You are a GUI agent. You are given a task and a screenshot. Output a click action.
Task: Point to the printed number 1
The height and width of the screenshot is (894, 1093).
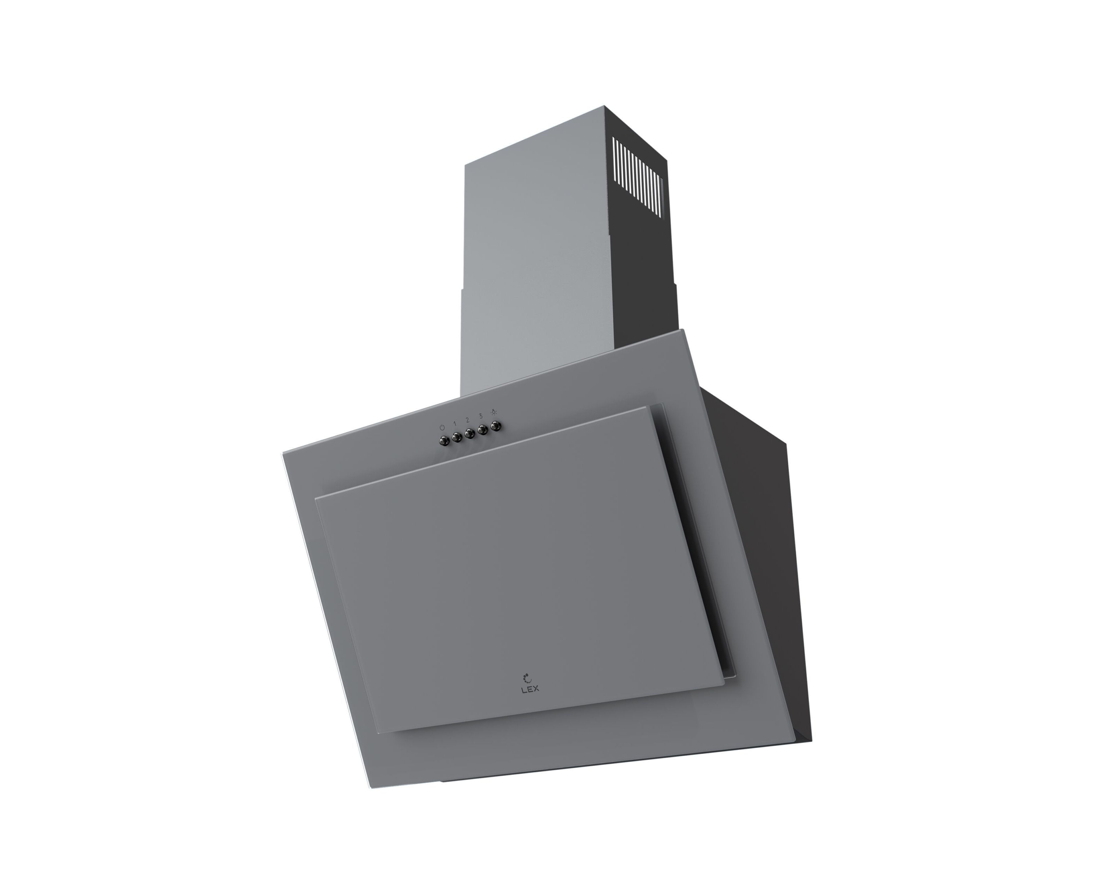(x=455, y=423)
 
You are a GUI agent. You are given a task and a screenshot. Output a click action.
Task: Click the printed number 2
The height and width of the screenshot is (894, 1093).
(x=467, y=420)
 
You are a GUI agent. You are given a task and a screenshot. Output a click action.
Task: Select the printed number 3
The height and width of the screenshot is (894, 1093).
(x=480, y=416)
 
